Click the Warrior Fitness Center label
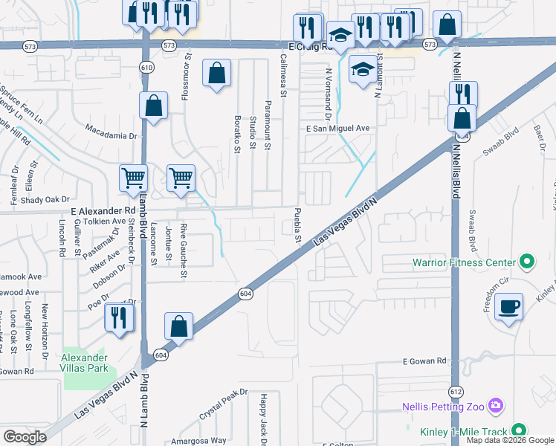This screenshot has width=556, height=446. tap(465, 262)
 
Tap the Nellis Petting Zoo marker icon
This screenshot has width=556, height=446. tap(497, 407)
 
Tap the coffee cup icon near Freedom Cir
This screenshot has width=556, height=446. tap(508, 307)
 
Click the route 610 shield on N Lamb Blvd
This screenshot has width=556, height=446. tap(146, 68)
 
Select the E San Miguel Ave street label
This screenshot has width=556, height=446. tap(338, 128)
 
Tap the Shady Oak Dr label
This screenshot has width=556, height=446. tap(45, 199)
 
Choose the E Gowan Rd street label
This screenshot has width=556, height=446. tap(424, 361)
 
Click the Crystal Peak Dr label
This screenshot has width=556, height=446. tap(223, 403)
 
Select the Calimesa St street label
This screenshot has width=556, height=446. tap(283, 74)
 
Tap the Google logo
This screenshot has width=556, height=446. tap(25, 437)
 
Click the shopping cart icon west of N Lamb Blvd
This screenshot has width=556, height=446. tap(134, 178)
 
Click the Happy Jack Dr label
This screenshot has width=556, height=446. tap(263, 420)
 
